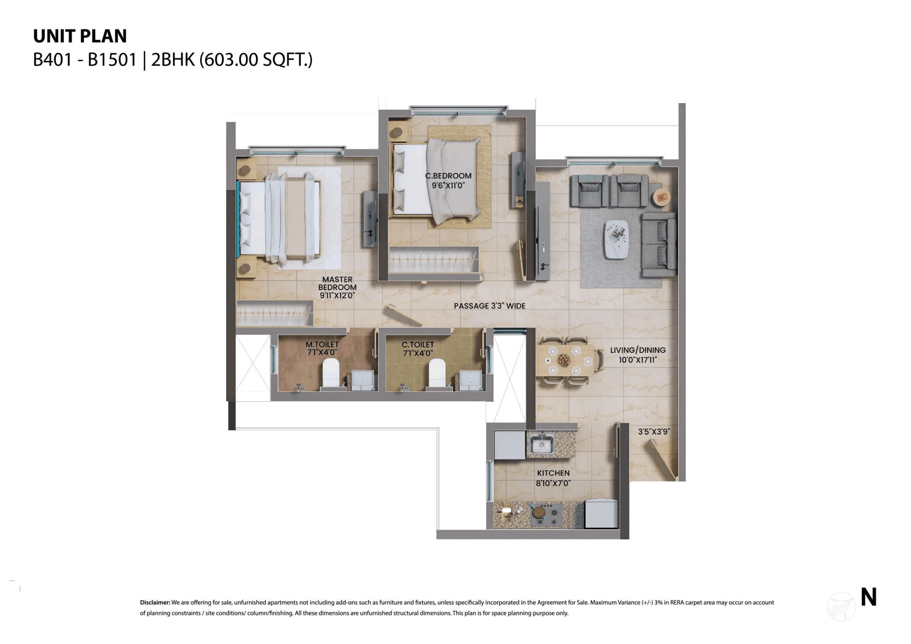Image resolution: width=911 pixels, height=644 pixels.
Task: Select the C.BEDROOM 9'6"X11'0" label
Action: point(448,181)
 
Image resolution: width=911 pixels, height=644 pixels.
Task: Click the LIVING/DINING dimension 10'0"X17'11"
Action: point(638,360)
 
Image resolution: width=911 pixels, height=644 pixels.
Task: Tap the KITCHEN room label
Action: point(553,473)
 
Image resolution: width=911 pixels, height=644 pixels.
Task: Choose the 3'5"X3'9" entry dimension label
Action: point(654,431)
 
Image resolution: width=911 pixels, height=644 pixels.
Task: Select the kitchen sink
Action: point(541,444)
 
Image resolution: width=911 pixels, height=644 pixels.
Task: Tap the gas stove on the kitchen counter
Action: point(546,514)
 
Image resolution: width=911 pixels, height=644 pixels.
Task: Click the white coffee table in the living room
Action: point(616,239)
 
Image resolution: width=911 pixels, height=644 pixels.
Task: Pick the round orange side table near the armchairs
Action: point(661,197)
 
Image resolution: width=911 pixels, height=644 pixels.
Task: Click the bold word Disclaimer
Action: point(155,602)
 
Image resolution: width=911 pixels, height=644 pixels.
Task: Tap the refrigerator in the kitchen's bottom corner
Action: point(601,514)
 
